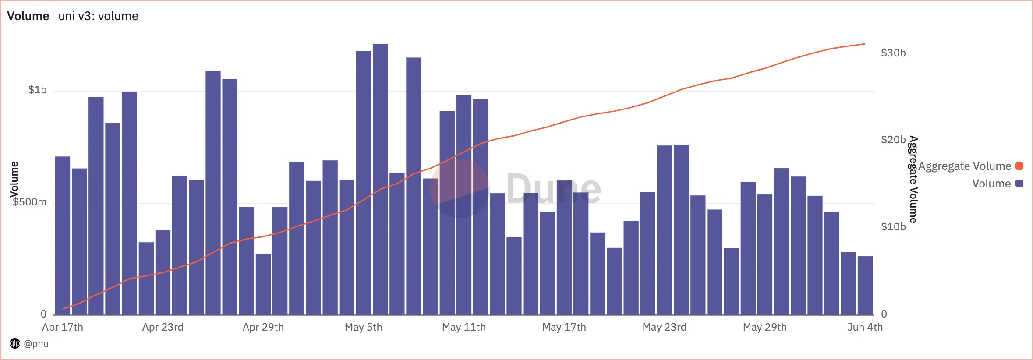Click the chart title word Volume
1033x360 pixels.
click(28, 16)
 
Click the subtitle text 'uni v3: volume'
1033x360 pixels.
click(98, 16)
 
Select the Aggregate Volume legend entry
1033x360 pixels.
click(965, 166)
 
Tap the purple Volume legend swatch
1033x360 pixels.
click(1019, 184)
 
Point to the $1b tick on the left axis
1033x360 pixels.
click(37, 90)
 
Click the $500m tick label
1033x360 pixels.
click(29, 202)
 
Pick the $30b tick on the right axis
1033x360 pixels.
click(893, 53)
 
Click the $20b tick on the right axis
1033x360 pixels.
click(893, 140)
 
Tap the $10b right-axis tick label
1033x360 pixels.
click(893, 227)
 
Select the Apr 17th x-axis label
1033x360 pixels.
click(63, 327)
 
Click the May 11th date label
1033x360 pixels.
click(464, 327)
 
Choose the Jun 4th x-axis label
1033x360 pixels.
click(865, 327)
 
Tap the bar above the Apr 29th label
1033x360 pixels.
click(263, 285)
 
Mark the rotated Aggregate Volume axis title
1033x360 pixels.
click(913, 180)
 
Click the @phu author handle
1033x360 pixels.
click(36, 344)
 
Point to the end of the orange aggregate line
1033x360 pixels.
click(865, 44)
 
